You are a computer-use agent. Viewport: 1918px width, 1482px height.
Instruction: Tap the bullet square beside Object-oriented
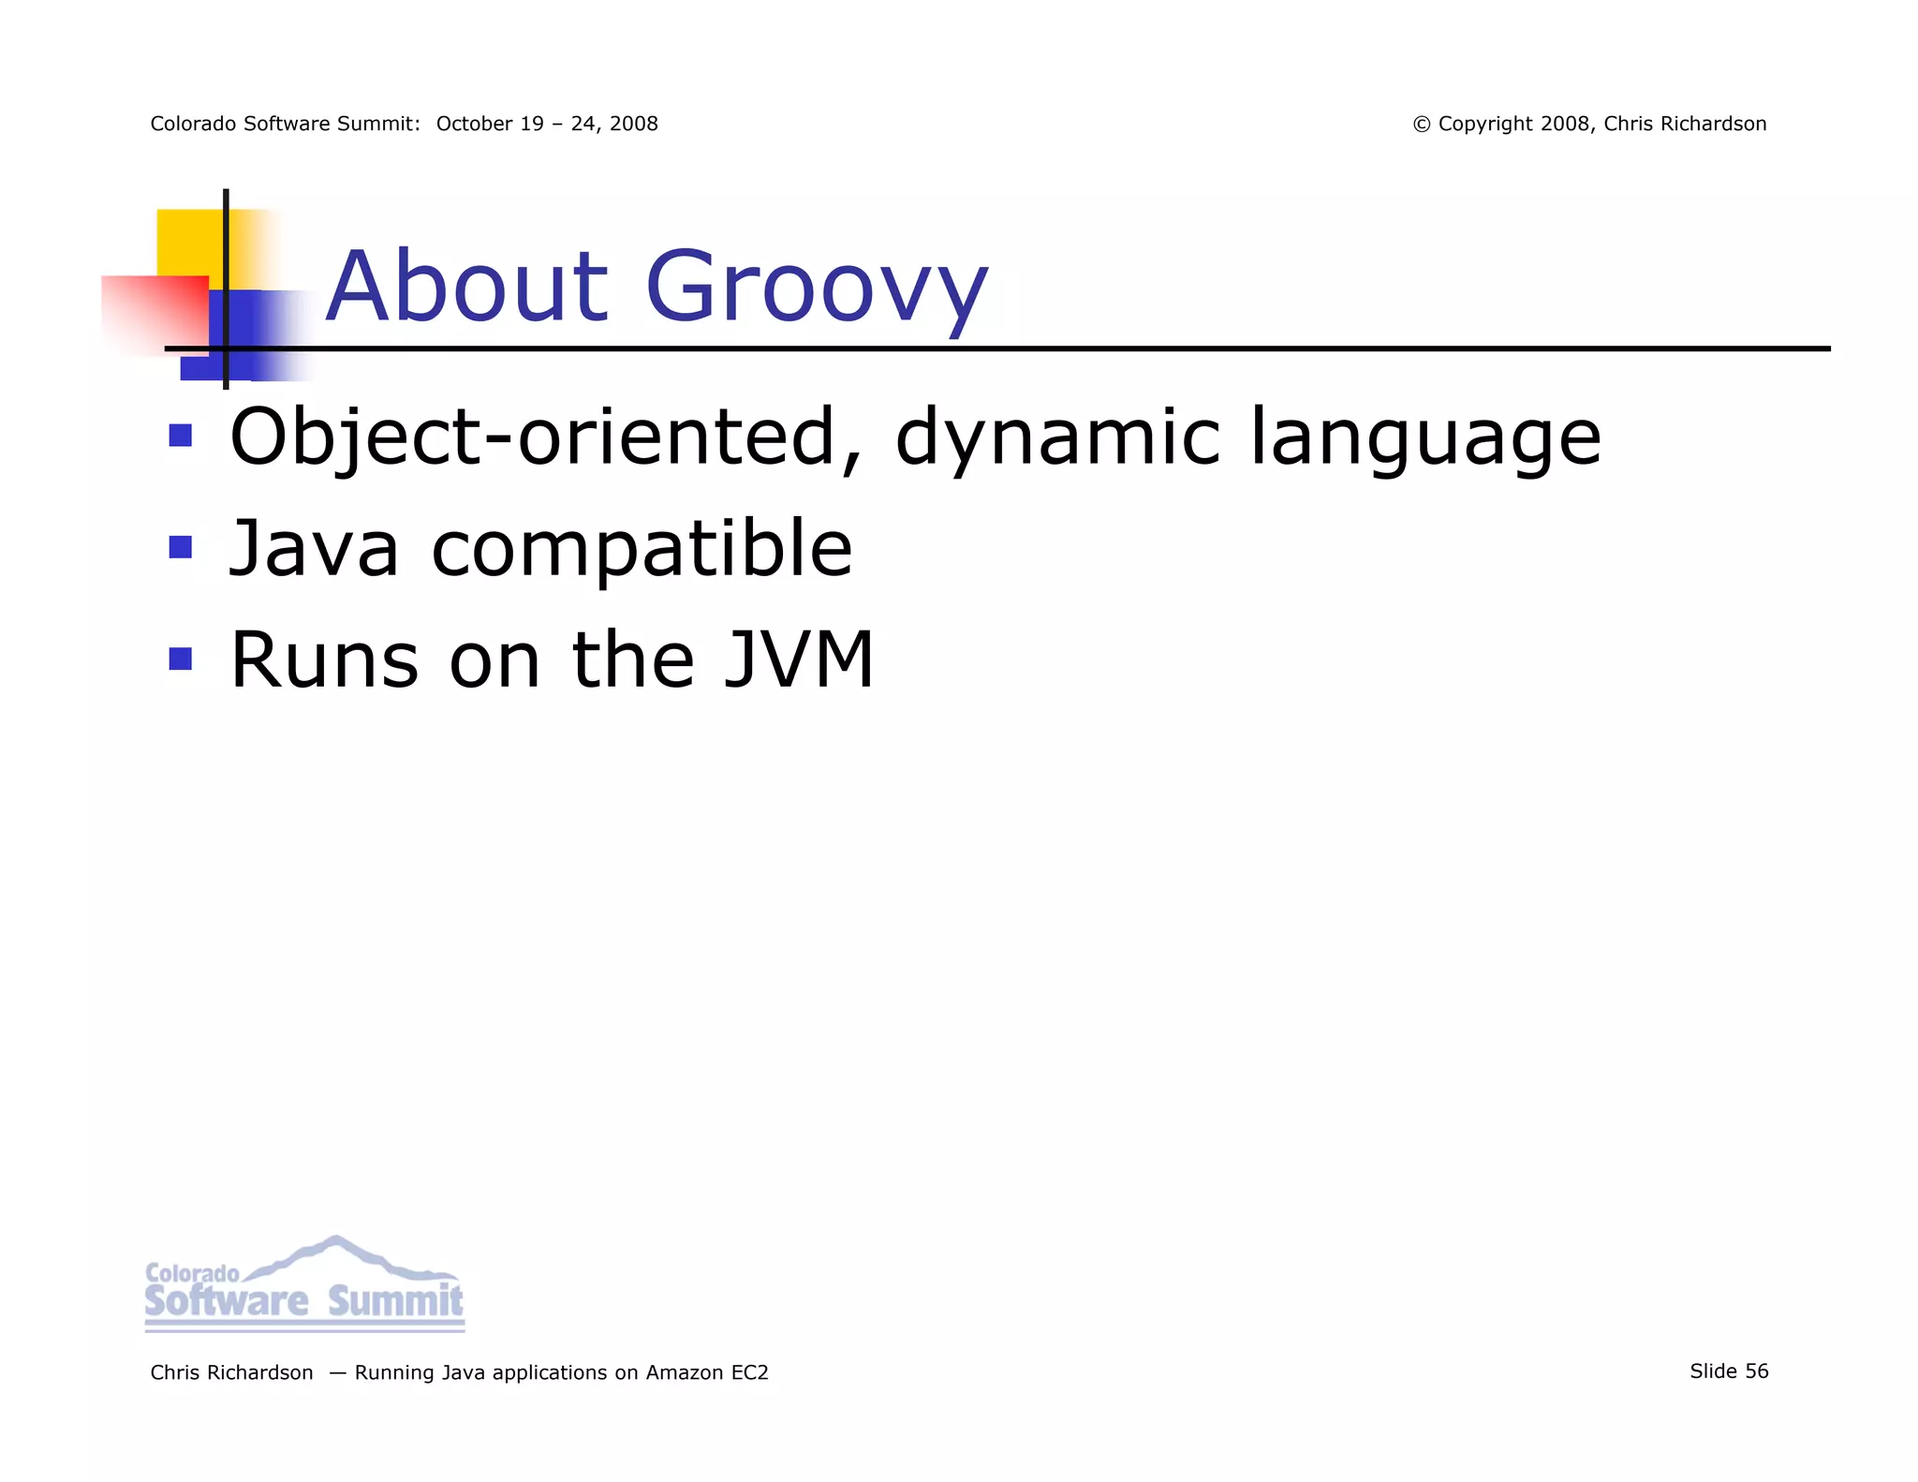pos(180,436)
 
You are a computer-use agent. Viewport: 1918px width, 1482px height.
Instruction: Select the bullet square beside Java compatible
pos(180,547)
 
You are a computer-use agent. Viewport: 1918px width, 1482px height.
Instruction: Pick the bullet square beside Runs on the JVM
pos(180,659)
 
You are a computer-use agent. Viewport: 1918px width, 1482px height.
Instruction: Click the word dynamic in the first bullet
pos(1057,438)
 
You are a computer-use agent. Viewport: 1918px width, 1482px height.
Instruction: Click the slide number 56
pos(1756,1371)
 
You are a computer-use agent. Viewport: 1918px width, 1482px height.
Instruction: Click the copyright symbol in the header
pos(1422,125)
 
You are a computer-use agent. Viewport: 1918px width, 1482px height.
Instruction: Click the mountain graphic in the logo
pos(337,1256)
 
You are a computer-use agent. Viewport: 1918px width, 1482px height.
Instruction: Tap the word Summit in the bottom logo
pos(395,1301)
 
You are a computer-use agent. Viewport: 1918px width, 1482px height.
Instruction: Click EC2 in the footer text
pos(749,1372)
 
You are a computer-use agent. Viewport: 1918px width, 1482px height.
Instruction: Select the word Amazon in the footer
pos(684,1372)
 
